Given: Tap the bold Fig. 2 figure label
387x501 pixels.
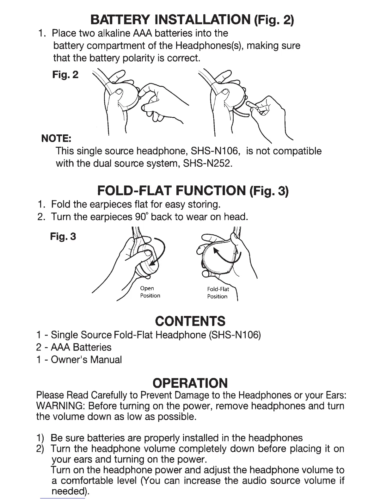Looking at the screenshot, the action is click(x=65, y=75).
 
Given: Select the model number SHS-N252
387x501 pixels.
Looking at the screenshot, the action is click(x=208, y=164).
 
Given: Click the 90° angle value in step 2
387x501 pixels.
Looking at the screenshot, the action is click(x=141, y=217).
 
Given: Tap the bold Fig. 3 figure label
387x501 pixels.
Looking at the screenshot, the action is click(x=63, y=236).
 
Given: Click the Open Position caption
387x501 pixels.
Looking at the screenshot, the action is click(x=150, y=292).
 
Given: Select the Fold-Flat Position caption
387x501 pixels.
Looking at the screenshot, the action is click(x=218, y=293).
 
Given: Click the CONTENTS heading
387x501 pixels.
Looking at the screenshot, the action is click(x=190, y=321).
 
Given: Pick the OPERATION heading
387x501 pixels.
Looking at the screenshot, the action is click(x=190, y=383).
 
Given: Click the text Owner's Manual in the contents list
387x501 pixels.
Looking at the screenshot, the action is click(x=86, y=360).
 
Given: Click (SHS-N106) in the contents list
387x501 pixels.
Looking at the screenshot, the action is click(x=235, y=335).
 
